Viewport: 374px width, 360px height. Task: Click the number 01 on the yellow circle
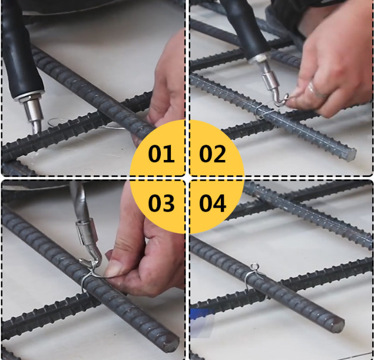(161, 154)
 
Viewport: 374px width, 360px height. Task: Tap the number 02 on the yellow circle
(213, 154)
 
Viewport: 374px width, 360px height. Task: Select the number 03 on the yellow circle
(161, 204)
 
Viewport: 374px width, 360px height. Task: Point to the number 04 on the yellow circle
(213, 204)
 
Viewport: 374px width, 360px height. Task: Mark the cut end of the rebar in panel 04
(337, 324)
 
